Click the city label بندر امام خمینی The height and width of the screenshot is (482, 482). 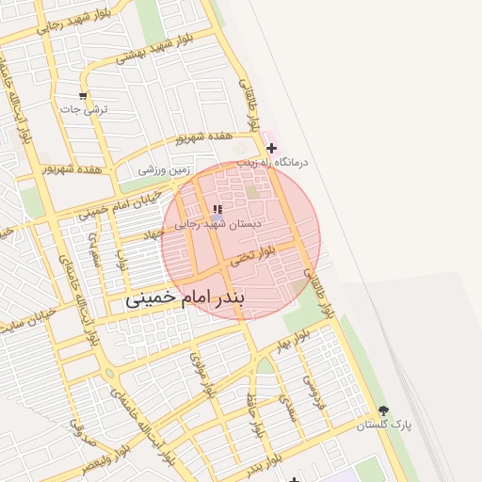coord(185,299)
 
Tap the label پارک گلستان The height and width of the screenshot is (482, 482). coord(384,426)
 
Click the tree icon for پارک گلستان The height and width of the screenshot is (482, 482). coord(383,410)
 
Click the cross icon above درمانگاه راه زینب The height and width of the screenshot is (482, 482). coord(272,148)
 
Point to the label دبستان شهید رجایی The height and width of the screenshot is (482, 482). coord(218,224)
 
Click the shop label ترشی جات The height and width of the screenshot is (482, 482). coord(85,110)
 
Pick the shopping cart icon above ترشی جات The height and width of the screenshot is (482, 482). coord(83,95)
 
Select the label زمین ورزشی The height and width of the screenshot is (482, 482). coord(165,170)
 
